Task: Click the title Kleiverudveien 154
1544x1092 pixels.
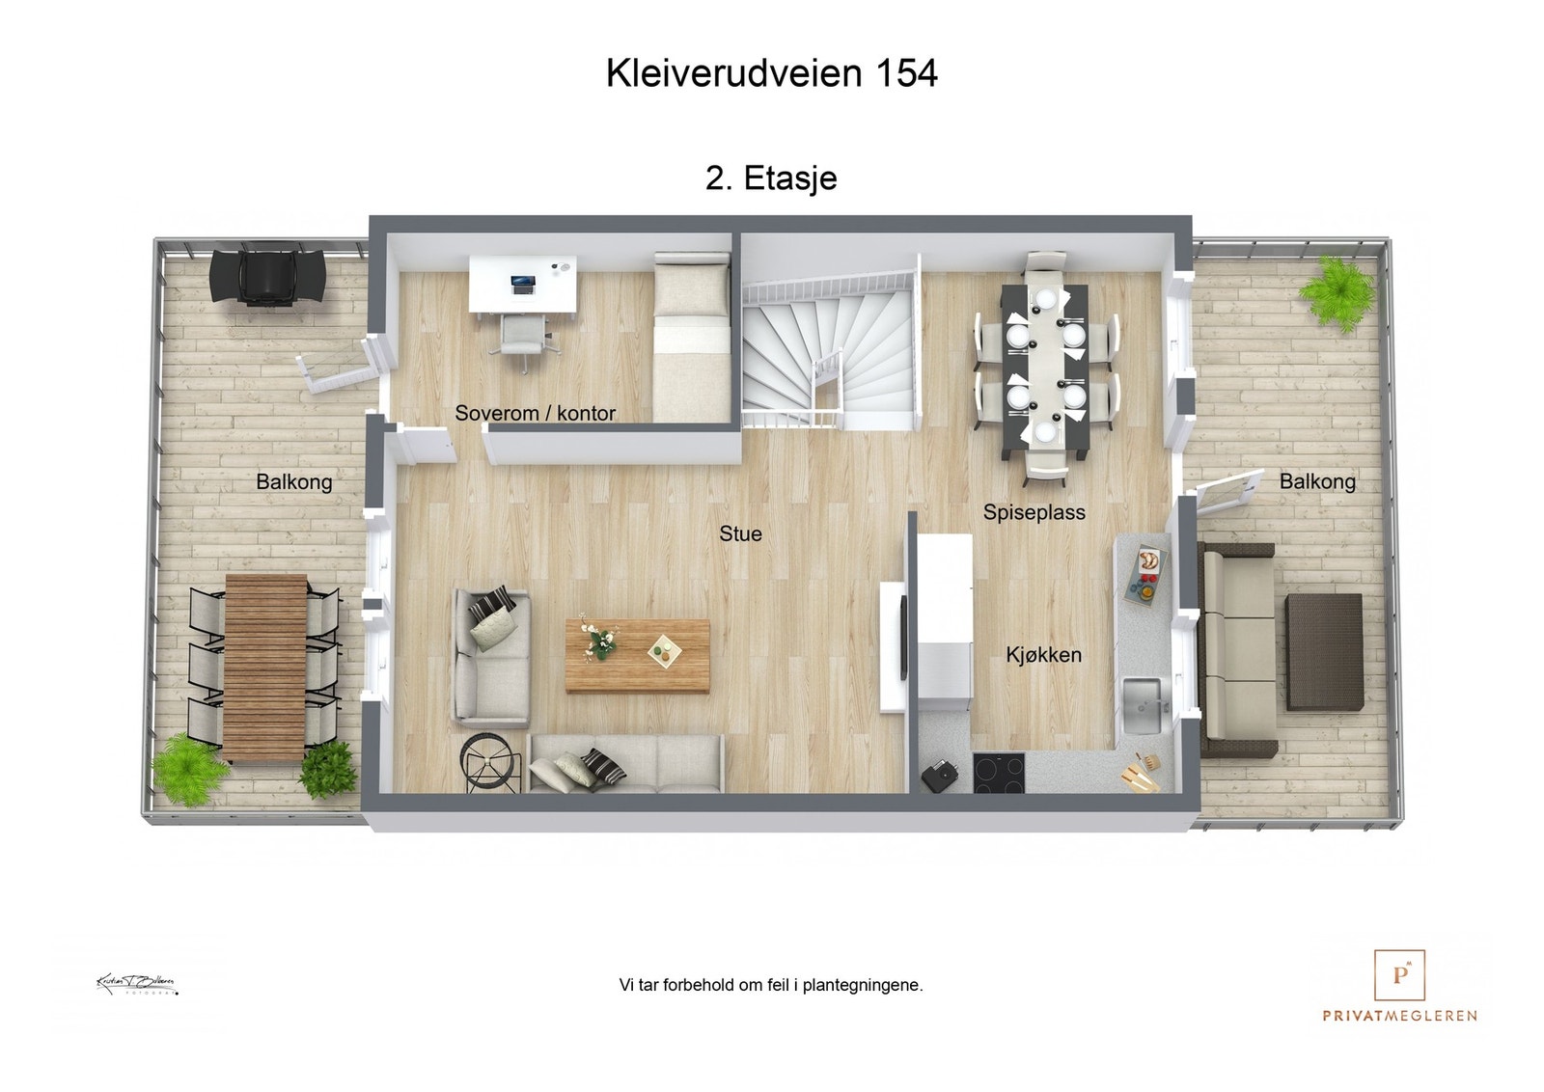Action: [771, 74]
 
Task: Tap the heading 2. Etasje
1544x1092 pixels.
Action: [771, 178]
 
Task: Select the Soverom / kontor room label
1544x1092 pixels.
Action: [535, 413]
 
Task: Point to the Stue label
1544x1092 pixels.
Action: [740, 533]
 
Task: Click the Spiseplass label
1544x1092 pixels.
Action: [1034, 512]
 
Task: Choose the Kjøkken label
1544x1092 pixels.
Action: [1043, 655]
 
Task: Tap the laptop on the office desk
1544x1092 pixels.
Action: [522, 284]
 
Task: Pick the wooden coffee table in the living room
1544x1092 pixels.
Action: [637, 656]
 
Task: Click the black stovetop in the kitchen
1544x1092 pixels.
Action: [998, 771]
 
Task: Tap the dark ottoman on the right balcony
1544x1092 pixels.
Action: [1325, 651]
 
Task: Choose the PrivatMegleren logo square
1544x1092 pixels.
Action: [1399, 974]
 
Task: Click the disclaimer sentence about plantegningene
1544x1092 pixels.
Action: [771, 985]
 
